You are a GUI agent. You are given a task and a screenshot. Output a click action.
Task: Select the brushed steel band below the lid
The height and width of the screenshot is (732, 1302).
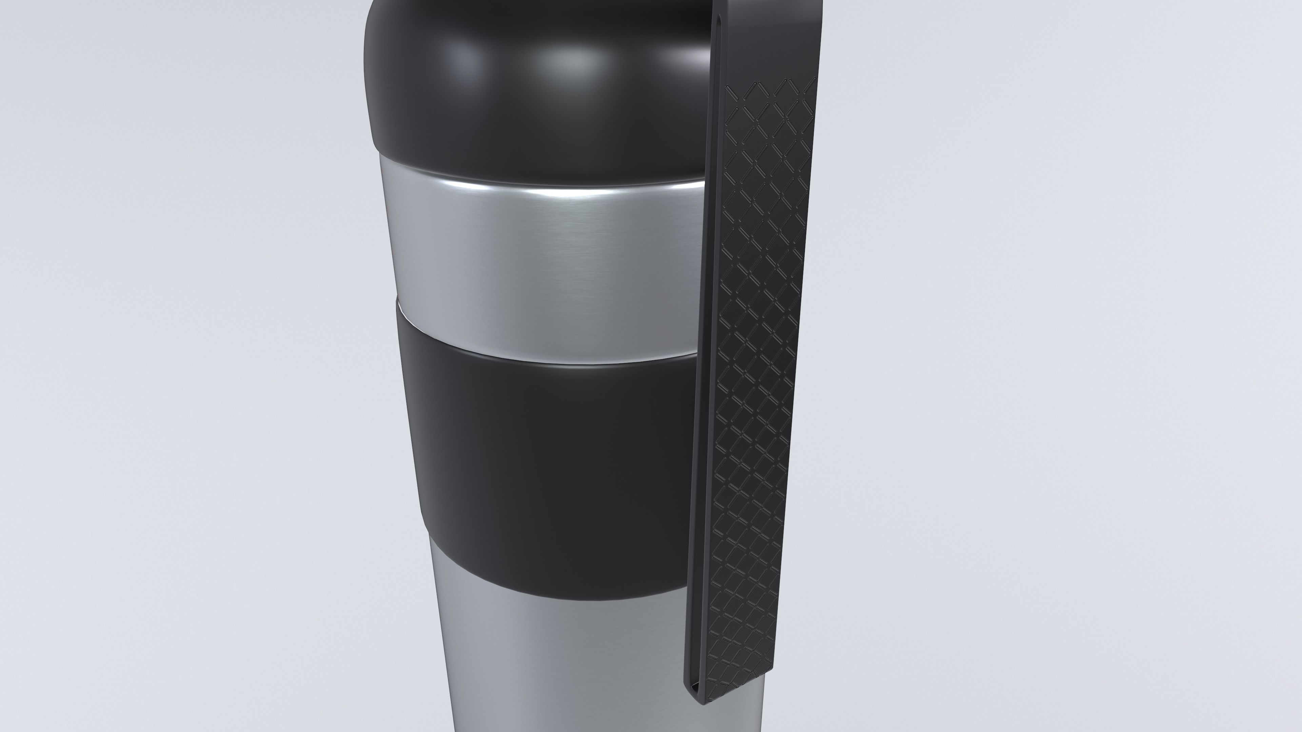(531, 243)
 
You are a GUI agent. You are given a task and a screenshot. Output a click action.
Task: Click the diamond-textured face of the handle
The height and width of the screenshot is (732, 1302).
(758, 353)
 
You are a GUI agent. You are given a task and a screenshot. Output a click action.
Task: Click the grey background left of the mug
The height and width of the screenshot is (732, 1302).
(177, 353)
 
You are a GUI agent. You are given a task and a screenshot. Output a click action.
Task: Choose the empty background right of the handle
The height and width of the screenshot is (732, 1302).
(1061, 353)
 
